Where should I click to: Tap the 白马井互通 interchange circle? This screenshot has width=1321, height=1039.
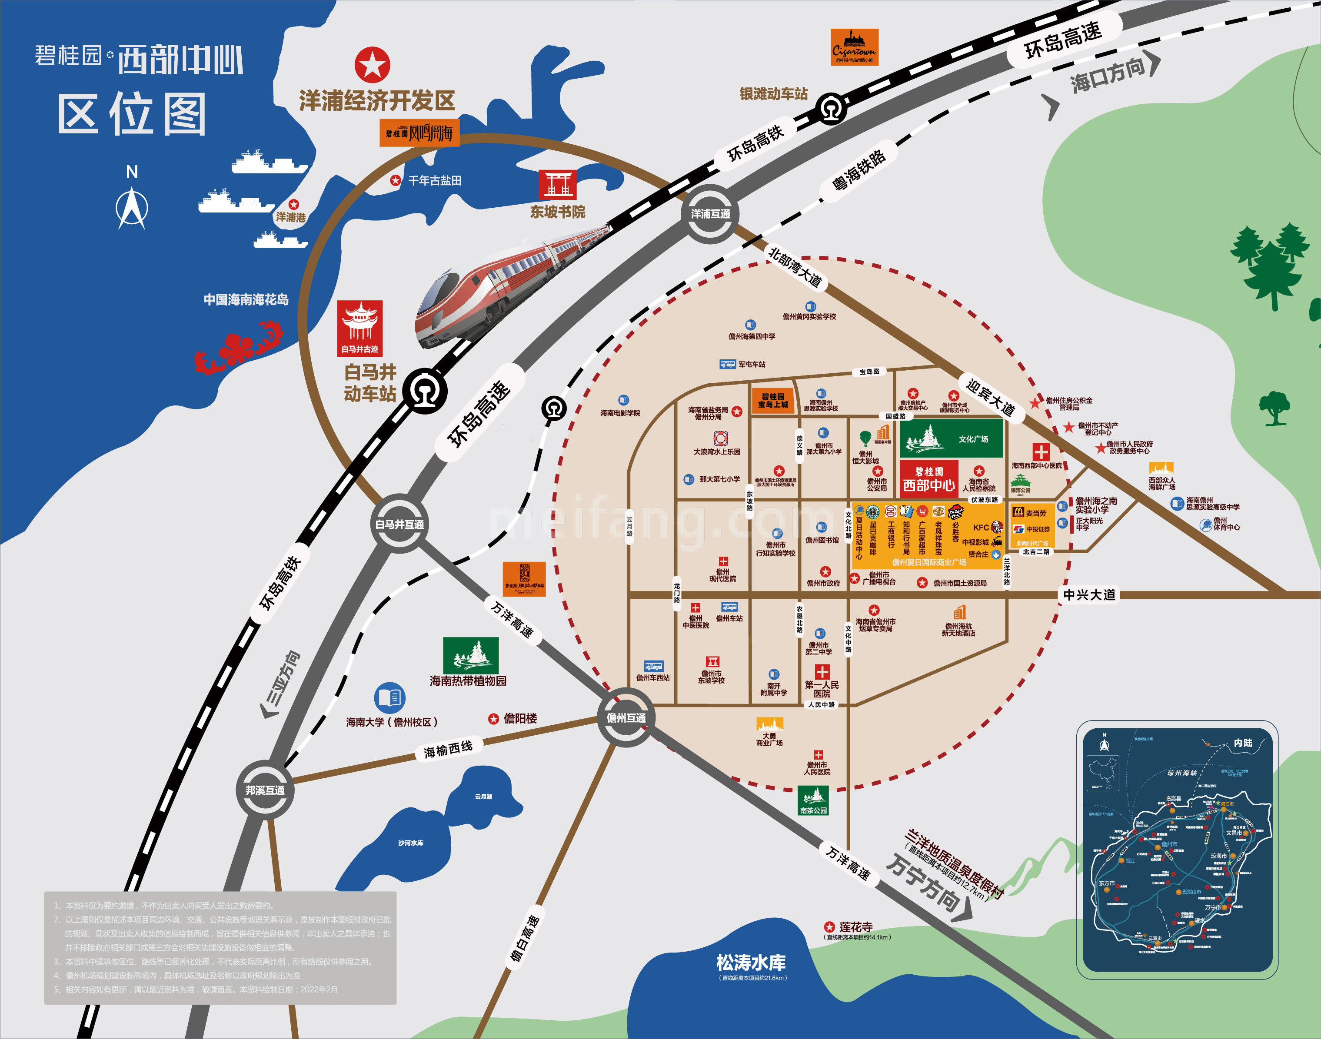399,524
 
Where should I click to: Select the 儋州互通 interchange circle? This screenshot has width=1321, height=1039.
626,718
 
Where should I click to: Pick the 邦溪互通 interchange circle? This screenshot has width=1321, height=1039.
265,790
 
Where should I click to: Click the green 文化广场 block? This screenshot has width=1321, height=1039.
951,438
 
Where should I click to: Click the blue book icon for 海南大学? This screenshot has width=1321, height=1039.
389,698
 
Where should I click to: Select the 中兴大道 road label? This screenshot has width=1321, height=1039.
1089,595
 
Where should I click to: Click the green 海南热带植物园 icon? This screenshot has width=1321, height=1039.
470,655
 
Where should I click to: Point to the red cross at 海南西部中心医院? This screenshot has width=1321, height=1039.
1041,452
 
